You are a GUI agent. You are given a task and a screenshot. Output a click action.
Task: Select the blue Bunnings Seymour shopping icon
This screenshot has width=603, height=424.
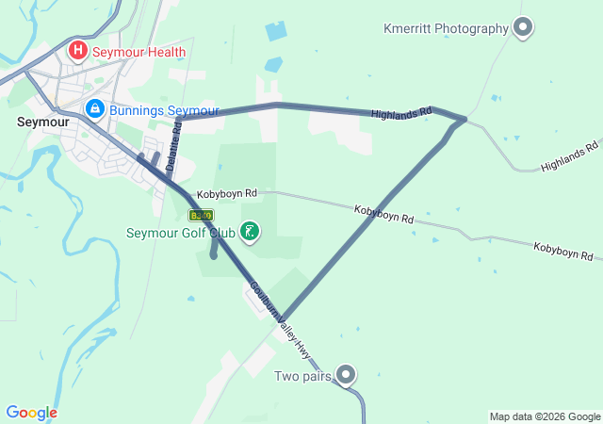[x=94, y=110]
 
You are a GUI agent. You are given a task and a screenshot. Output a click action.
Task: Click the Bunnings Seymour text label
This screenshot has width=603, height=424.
[x=164, y=111]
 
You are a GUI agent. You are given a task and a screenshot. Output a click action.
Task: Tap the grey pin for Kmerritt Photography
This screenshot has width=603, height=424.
[x=523, y=29]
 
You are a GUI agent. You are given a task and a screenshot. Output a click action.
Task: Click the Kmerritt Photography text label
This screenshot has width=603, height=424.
[x=446, y=28]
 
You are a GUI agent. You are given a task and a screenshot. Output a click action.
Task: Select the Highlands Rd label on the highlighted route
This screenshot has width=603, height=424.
[x=401, y=113]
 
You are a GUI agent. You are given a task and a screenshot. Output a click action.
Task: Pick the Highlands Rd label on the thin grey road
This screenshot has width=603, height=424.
[x=569, y=157]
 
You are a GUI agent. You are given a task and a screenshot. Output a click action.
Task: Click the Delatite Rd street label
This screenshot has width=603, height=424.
[x=173, y=146]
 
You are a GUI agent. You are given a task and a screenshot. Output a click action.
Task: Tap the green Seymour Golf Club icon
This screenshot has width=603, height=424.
[x=250, y=232]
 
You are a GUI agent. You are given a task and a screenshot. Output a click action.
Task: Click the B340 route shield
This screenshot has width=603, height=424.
[x=201, y=215]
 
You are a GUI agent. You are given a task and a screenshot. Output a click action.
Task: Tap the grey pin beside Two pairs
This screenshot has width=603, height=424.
[x=347, y=376]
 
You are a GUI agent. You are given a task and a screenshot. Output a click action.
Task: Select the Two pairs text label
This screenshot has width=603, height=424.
[x=302, y=377]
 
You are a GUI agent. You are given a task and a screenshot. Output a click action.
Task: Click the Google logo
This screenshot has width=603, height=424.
[x=31, y=413]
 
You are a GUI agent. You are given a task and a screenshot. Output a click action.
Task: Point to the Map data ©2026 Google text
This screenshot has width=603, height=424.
[x=545, y=416]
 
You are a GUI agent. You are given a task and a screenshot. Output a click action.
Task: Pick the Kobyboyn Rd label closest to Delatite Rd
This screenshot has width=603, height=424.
[x=227, y=193]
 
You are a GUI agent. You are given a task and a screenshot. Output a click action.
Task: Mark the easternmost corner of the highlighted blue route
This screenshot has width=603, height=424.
[x=464, y=120]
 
